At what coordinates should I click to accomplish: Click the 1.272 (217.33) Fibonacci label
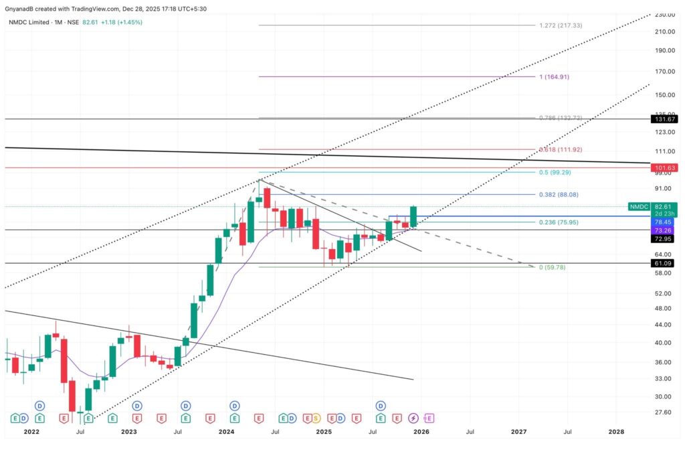(560, 25)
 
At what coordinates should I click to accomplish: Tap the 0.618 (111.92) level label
(560, 149)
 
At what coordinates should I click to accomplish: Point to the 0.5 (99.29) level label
(555, 172)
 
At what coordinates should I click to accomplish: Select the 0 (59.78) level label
(552, 267)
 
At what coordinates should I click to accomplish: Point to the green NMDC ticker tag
(640, 208)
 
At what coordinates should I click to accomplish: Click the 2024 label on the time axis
(226, 433)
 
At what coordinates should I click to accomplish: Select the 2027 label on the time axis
(519, 433)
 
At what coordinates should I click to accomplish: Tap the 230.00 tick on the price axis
(664, 15)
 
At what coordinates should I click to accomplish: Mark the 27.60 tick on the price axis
(664, 412)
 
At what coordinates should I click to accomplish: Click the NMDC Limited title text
(30, 22)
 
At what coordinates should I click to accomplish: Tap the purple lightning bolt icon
(413, 418)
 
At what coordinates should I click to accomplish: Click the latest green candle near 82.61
(413, 217)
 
